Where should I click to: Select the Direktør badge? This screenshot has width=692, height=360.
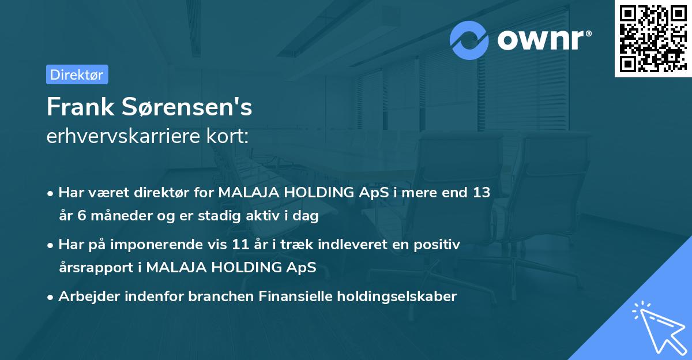tap(77, 74)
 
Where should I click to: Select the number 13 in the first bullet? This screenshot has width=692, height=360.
tap(482, 193)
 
